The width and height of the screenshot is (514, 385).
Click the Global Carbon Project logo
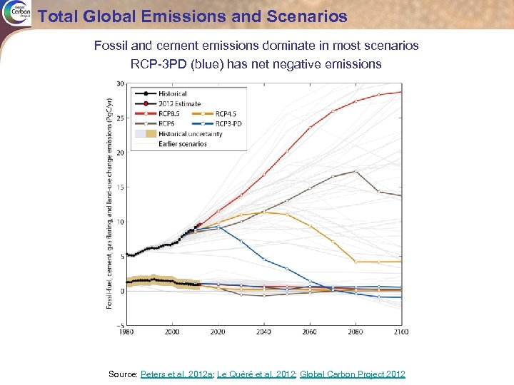tap(15, 14)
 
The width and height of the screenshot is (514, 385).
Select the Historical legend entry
tap(171, 93)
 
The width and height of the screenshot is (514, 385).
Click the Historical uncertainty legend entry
tap(189, 133)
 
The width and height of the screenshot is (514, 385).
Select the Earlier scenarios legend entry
tap(182, 143)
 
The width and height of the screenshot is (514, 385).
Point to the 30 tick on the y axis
tap(121, 83)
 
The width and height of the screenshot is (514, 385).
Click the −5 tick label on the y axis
tap(120, 325)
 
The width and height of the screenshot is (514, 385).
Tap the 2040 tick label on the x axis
tap(264, 332)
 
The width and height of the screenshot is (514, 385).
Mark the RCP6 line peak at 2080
tap(356, 171)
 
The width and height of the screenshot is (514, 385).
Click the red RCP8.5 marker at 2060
tap(310, 128)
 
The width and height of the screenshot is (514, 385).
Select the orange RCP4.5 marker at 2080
tap(356, 262)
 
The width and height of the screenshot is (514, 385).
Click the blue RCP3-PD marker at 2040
tap(264, 259)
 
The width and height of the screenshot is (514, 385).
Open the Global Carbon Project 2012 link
tap(353, 374)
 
